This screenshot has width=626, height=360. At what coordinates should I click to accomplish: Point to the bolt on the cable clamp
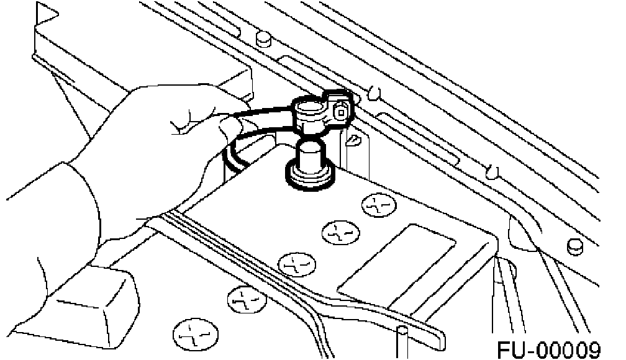[341, 112]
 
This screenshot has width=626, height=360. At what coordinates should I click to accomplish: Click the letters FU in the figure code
[510, 349]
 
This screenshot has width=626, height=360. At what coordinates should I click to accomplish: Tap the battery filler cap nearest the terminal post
[379, 204]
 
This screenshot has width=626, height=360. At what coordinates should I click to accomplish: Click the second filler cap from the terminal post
[338, 233]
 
